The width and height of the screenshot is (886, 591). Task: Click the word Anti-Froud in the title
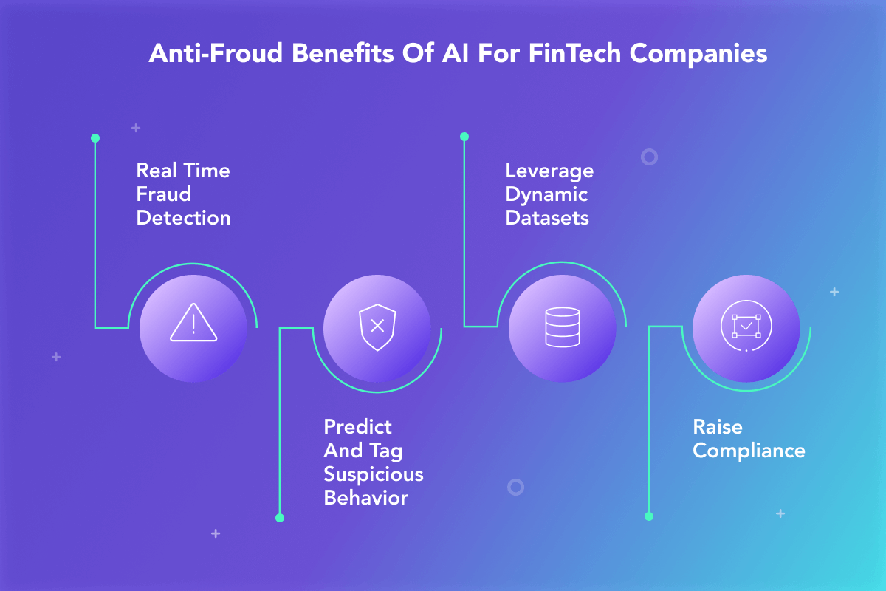pos(216,53)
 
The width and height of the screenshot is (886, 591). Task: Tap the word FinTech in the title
pos(574,53)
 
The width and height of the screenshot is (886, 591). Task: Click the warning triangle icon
pos(193,322)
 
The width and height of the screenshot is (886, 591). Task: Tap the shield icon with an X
pos(377,327)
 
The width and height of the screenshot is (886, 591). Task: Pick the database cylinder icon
pos(563,327)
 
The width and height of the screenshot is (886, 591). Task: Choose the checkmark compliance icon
pos(746,326)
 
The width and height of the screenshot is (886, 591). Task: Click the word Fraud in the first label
pos(164,194)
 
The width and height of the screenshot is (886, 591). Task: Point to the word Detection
pos(184,218)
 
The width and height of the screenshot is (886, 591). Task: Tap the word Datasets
pos(547,218)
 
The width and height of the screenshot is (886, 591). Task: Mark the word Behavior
pos(366,498)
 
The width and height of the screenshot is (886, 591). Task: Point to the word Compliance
pos(749,451)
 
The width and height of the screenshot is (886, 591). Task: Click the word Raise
pos(718,427)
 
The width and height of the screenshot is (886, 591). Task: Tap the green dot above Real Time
pos(95,138)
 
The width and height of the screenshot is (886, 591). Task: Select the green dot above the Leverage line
pos(464,137)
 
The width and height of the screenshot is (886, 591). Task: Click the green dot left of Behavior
pos(280,518)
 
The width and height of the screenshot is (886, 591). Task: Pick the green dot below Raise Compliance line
pos(649,516)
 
